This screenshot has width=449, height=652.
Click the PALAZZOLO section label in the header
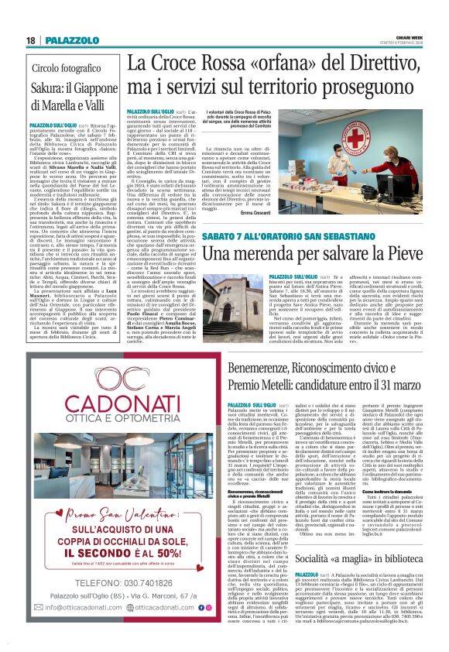tap(64, 40)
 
